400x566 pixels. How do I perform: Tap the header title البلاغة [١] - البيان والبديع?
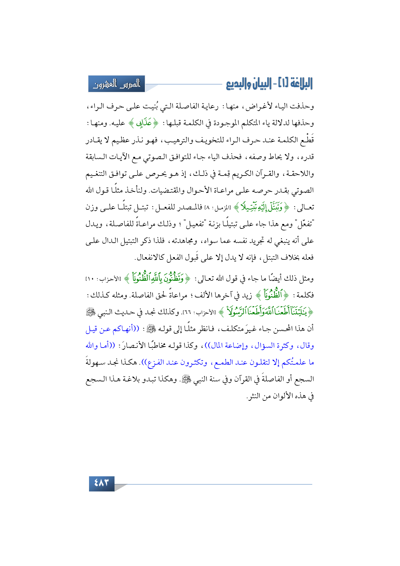point(269,84)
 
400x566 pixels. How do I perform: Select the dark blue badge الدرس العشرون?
point(117,84)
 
